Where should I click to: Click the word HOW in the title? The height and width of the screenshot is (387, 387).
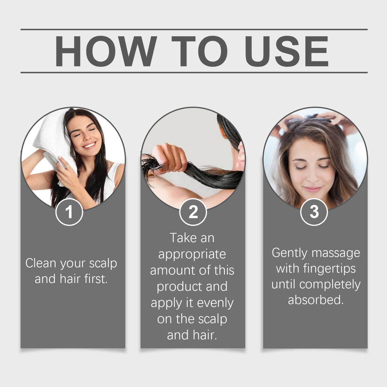pos(106,51)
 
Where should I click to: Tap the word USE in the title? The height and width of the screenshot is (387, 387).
pos(286,51)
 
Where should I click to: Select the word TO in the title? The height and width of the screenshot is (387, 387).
pos(200,51)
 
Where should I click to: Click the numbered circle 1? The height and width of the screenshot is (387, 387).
pos(69,212)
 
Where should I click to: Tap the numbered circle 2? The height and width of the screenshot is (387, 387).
pos(193,212)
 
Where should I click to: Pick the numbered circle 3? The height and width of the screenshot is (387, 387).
pos(314,212)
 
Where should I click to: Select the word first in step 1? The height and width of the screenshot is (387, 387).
pos(96,279)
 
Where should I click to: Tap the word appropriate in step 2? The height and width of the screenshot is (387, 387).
pos(192,254)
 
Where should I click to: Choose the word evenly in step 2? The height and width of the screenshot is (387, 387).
pos(215,303)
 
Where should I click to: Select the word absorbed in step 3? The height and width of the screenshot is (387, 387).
pos(316,300)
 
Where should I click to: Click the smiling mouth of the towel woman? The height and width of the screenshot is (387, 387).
pos(90,145)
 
